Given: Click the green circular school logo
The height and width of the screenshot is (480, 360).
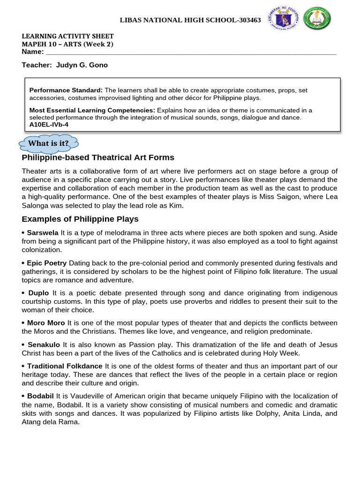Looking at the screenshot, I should pyautogui.click(x=317, y=20).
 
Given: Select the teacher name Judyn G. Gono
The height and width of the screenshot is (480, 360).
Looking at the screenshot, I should pyautogui.click(x=82, y=65).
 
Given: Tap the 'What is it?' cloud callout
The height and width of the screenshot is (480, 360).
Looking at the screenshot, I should pyautogui.click(x=48, y=143).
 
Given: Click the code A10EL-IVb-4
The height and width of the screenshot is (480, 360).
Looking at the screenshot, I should pyautogui.click(x=48, y=124).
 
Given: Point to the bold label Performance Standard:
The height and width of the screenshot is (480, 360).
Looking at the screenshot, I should pyautogui.click(x=66, y=90).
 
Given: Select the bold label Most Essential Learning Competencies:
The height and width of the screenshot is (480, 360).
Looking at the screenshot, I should pyautogui.click(x=92, y=110).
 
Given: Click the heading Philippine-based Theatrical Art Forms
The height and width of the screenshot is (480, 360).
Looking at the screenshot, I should pyautogui.click(x=98, y=157).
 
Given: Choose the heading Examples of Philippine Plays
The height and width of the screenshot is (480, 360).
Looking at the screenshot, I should pyautogui.click(x=80, y=219).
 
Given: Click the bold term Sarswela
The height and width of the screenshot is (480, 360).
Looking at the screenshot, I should pyautogui.click(x=43, y=233).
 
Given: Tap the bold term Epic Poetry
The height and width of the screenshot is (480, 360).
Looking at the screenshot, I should pyautogui.click(x=47, y=263).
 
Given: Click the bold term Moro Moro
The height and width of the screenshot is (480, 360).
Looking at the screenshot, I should pyautogui.click(x=46, y=323).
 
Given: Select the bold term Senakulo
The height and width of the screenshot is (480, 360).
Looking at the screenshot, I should pyautogui.click(x=45, y=345).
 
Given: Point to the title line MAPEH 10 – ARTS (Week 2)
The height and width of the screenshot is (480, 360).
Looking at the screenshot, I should pyautogui.click(x=67, y=44).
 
